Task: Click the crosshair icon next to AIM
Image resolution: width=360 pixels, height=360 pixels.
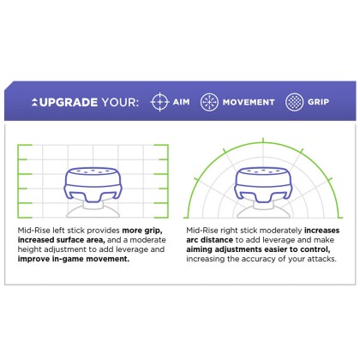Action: (x=159, y=102)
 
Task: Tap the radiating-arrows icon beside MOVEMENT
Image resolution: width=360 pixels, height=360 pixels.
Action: (x=209, y=102)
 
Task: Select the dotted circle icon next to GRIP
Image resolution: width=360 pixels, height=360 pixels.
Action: (x=294, y=102)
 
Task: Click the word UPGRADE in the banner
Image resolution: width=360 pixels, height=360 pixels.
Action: (x=69, y=102)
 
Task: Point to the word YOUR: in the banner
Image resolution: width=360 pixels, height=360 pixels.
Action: (x=120, y=102)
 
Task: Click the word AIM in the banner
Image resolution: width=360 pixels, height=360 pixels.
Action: (x=181, y=102)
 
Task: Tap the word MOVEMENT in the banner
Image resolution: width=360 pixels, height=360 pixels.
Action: (x=249, y=102)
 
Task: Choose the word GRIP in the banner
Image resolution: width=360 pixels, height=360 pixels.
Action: (x=318, y=102)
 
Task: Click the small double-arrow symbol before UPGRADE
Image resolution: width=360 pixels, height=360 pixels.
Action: (x=34, y=102)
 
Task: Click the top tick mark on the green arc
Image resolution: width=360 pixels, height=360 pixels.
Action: (x=263, y=141)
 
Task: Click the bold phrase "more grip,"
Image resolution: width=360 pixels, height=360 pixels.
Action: (x=142, y=231)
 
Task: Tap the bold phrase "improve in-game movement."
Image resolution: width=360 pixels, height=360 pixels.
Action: (x=74, y=259)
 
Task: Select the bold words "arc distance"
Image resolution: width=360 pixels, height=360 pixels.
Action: (x=210, y=240)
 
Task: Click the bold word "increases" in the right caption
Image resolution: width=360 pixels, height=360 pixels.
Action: (x=322, y=231)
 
